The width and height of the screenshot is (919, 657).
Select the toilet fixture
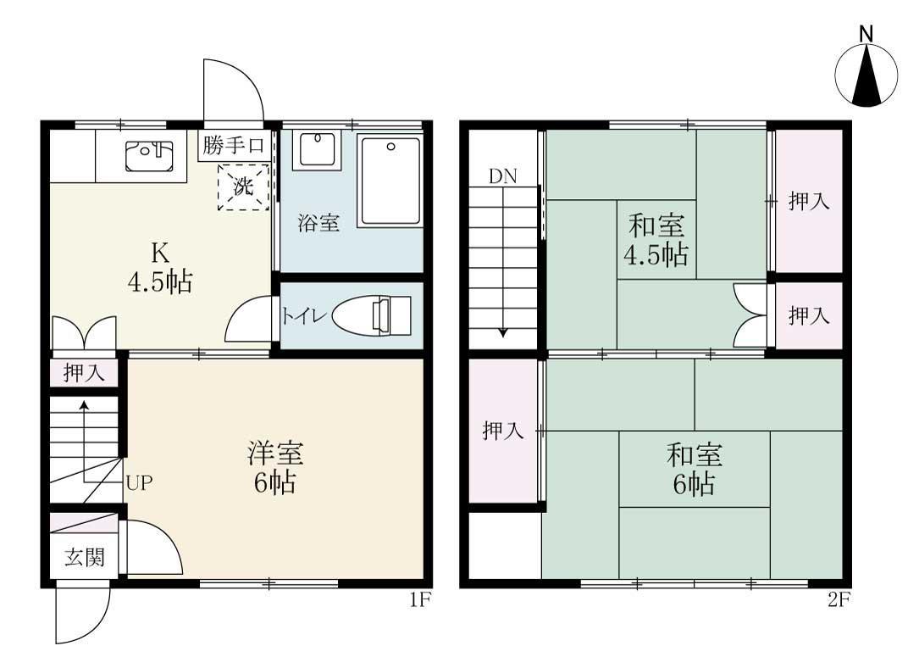(x=372, y=316)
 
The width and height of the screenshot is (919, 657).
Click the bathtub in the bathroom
(x=390, y=180)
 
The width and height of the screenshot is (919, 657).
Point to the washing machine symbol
(x=243, y=187)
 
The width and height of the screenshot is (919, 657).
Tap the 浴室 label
(x=318, y=224)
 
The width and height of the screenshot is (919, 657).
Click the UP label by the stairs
(x=139, y=483)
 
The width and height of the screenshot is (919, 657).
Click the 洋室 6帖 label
(x=274, y=468)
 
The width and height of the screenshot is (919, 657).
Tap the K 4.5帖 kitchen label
(x=159, y=267)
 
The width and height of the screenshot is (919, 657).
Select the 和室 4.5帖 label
(x=656, y=241)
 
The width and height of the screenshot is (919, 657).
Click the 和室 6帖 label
(x=695, y=469)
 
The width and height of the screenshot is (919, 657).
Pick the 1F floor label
(x=421, y=601)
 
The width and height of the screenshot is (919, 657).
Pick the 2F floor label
(x=839, y=601)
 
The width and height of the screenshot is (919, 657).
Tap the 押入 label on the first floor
(x=85, y=372)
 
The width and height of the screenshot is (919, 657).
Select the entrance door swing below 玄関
(x=83, y=615)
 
